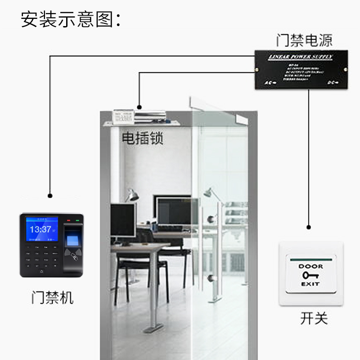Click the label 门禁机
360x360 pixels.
tap(52, 297)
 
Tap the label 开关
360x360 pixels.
tap(314, 318)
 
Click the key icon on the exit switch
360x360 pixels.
tap(310, 275)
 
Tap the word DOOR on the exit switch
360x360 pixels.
tap(310, 266)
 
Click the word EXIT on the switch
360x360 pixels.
tap(310, 284)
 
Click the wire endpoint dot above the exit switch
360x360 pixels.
tap(309, 227)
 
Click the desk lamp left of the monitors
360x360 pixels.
tap(131, 195)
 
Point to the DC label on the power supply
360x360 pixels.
tap(332, 82)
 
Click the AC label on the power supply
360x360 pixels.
tap(268, 83)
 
